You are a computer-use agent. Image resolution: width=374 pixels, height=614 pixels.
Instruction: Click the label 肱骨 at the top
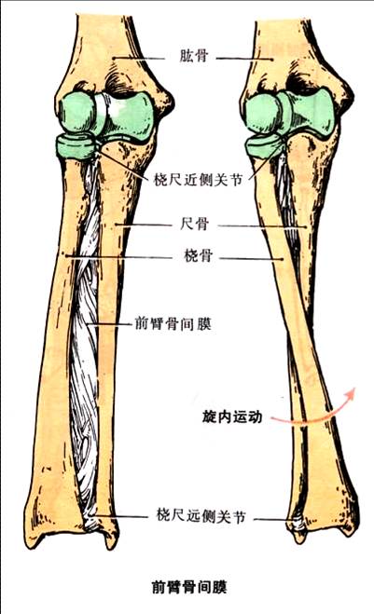coord(193,56)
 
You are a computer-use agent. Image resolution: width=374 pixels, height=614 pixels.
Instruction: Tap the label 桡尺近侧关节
coord(198,180)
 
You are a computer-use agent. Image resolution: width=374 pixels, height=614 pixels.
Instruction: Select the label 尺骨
coord(194,225)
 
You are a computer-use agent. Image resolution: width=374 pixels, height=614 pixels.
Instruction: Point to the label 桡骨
coord(198,255)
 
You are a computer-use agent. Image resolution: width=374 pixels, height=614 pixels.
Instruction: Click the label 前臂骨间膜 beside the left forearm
coord(173,324)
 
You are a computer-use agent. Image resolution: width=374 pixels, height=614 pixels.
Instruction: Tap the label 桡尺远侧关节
coord(201,516)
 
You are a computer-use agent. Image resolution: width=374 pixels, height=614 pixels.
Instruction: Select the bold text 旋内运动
coord(232,416)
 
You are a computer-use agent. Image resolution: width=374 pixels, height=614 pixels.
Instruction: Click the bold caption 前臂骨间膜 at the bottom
coord(189,587)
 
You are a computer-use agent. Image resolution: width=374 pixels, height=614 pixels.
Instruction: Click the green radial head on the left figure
coord(76,145)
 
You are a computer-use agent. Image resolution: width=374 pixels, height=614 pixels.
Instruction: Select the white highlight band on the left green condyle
coord(102,111)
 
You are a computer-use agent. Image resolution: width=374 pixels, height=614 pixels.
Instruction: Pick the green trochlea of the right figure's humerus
coord(310,114)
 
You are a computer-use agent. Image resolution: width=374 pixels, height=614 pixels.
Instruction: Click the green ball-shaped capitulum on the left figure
coord(77,112)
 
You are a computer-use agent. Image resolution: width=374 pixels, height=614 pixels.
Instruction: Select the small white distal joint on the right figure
coord(298,524)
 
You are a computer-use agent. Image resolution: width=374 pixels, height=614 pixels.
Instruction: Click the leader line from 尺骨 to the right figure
coord(262,226)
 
